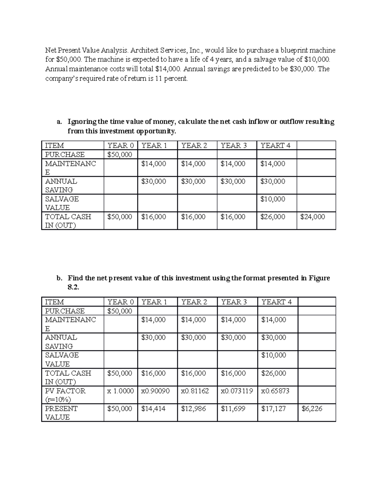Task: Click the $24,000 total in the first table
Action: [x=312, y=217]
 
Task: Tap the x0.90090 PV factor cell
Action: [x=155, y=391]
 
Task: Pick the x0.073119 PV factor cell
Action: [x=237, y=391]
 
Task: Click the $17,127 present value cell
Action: [x=273, y=409]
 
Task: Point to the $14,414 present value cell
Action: [x=153, y=409]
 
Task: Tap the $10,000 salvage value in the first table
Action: [x=272, y=199]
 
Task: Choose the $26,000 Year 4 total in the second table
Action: [x=273, y=373]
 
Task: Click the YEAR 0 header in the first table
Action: [x=120, y=146]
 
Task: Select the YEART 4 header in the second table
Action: [x=276, y=302]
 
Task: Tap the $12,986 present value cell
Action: [x=193, y=409]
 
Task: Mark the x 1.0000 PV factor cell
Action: [x=120, y=391]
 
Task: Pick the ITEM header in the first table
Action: [x=54, y=146]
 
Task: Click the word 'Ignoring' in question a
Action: [x=82, y=122]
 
